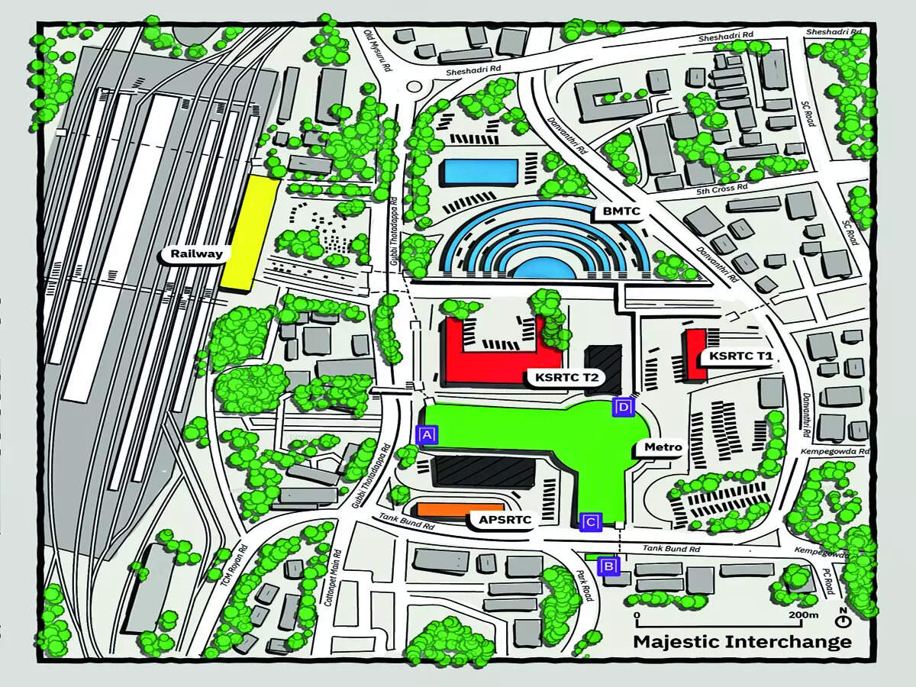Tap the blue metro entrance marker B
(608, 566)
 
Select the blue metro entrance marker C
(592, 523)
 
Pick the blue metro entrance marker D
(624, 408)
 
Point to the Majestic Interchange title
(742, 641)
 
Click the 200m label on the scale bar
(803, 615)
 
